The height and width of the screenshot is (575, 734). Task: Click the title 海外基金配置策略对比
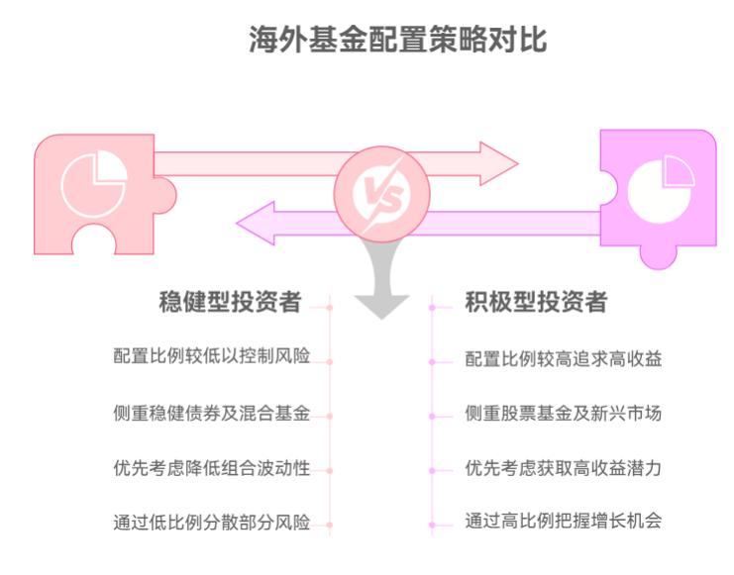click(396, 41)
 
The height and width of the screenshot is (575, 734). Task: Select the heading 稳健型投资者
click(230, 303)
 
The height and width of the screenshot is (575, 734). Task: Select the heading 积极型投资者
click(536, 303)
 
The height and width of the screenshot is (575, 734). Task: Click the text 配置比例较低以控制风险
click(211, 356)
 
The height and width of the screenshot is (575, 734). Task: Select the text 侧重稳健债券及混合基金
click(211, 413)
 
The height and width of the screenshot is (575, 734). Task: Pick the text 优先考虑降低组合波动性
click(211, 468)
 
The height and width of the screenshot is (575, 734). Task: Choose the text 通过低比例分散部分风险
click(211, 522)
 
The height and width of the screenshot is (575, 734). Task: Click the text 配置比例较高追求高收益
click(563, 358)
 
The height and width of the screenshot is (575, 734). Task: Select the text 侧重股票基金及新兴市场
click(563, 413)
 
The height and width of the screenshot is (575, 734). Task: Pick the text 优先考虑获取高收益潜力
click(563, 468)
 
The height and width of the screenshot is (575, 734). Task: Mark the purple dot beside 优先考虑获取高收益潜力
click(432, 470)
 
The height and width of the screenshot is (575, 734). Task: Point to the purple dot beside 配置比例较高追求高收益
click(432, 361)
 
